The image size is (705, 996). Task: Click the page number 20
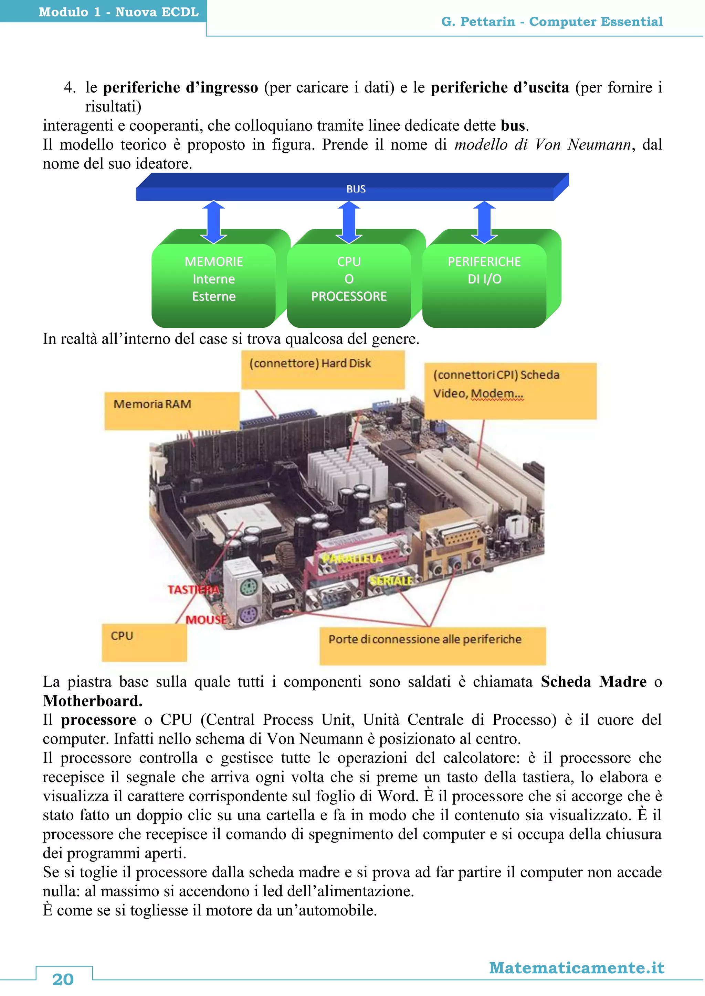click(x=63, y=979)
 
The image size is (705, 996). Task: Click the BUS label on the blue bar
click(x=356, y=189)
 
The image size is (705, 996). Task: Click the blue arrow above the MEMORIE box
click(x=213, y=222)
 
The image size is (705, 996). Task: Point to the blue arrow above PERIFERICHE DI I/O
click(x=484, y=222)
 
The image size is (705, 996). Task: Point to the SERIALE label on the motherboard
click(x=391, y=581)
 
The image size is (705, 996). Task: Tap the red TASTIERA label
click(x=193, y=589)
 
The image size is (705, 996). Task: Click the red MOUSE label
click(x=206, y=619)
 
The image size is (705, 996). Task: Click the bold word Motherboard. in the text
click(x=93, y=701)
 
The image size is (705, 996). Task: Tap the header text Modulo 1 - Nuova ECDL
click(x=118, y=12)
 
